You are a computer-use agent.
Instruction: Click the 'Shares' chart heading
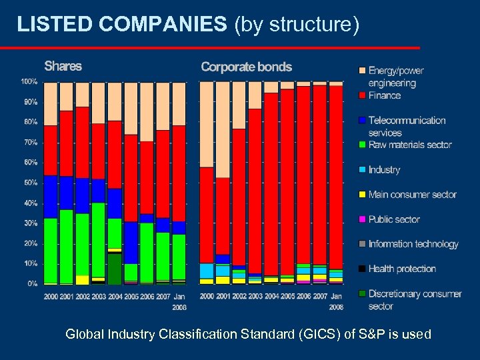(x=63, y=66)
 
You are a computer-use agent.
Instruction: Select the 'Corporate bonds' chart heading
(x=246, y=67)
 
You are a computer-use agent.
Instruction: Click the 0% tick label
(x=31, y=284)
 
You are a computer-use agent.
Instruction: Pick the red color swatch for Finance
(x=362, y=95)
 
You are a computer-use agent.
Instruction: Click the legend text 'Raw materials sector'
(x=409, y=145)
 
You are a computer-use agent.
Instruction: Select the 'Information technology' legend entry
(x=413, y=244)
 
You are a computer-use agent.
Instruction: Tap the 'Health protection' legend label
(x=401, y=269)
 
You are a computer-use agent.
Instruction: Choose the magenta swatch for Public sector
(x=362, y=219)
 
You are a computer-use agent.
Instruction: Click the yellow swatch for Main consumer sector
(x=362, y=195)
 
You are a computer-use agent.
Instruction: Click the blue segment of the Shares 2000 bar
(x=50, y=197)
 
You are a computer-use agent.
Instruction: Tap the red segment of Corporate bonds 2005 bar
(x=287, y=180)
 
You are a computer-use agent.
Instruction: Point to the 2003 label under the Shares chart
(x=98, y=296)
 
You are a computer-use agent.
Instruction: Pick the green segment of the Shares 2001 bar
(x=66, y=247)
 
